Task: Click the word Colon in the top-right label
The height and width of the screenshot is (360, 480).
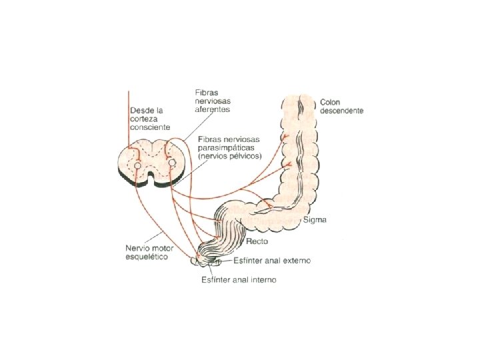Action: pyautogui.click(x=330, y=102)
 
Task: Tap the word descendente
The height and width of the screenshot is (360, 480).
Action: pyautogui.click(x=342, y=111)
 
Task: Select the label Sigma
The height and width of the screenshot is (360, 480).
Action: pyautogui.click(x=314, y=219)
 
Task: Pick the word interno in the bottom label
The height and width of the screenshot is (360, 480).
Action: pyautogui.click(x=263, y=279)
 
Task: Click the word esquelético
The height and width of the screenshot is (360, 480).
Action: pyautogui.click(x=147, y=257)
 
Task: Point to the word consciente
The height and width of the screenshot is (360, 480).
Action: pyautogui.click(x=151, y=127)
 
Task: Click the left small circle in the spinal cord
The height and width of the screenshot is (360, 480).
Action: pyautogui.click(x=136, y=163)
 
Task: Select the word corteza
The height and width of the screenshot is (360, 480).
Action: pyautogui.click(x=144, y=118)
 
